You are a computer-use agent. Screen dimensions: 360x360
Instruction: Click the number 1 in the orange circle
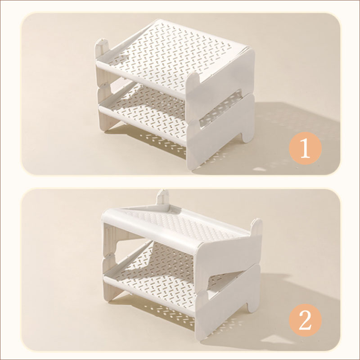305,148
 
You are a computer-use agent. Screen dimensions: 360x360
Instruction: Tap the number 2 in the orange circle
305,320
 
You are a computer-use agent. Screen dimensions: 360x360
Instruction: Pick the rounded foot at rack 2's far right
254,306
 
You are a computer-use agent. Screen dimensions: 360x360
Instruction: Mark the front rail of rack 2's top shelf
149,229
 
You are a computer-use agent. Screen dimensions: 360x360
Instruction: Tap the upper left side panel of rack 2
110,239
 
